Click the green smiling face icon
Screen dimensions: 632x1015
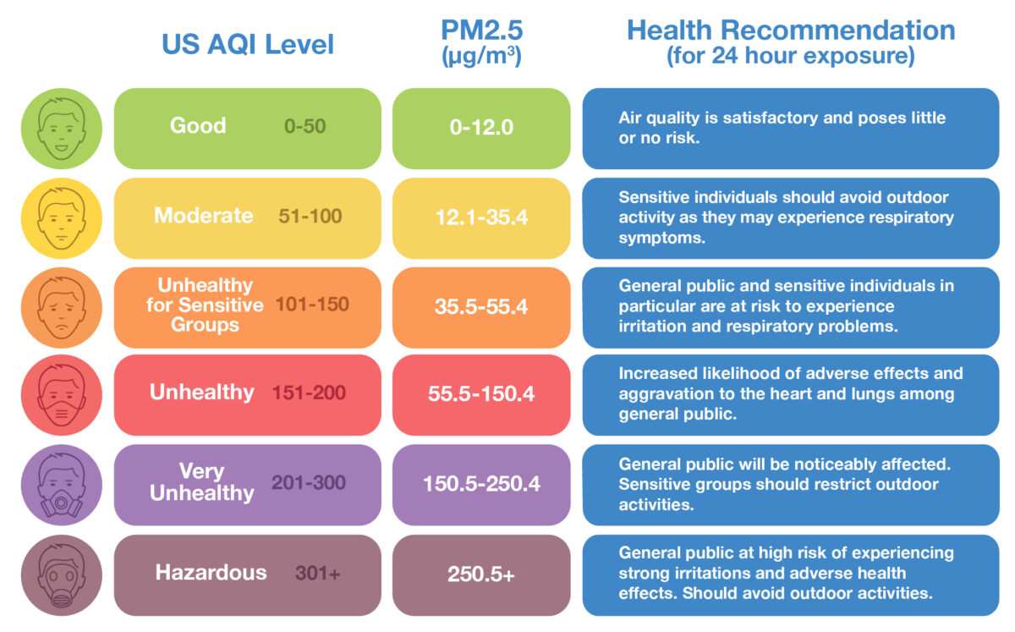pyautogui.click(x=61, y=129)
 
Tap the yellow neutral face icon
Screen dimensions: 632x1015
pyautogui.click(x=61, y=218)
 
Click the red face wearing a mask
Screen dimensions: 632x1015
pyautogui.click(x=61, y=395)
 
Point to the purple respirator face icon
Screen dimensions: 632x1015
pyautogui.click(x=61, y=486)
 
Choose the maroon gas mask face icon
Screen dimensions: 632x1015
pyautogui.click(x=61, y=575)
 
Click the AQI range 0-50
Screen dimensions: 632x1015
pyautogui.click(x=304, y=127)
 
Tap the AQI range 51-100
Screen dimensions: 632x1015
pyautogui.click(x=310, y=217)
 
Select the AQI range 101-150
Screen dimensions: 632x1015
pyautogui.click(x=312, y=305)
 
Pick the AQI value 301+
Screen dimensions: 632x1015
pyautogui.click(x=317, y=574)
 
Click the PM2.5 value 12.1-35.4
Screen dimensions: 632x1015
pyautogui.click(x=480, y=217)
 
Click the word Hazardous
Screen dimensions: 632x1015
pyautogui.click(x=211, y=573)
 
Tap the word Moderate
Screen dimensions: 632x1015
pyautogui.click(x=203, y=216)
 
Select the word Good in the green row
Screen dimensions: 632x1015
pyautogui.click(x=198, y=126)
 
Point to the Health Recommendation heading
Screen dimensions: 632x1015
pyautogui.click(x=790, y=31)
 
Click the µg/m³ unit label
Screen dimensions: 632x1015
pyautogui.click(x=480, y=58)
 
